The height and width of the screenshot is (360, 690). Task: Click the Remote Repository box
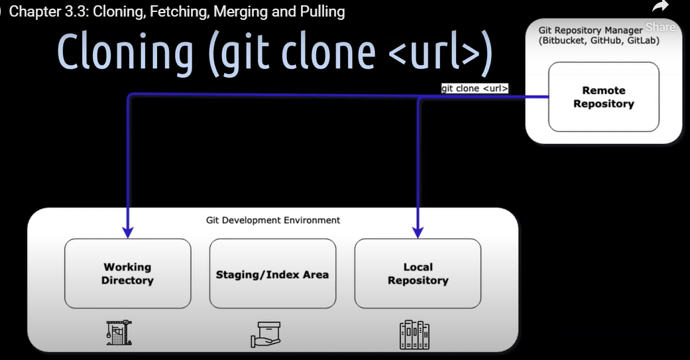click(x=603, y=97)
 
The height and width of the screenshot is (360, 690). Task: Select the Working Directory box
click(x=127, y=273)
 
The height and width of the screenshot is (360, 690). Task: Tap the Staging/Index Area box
click(x=272, y=274)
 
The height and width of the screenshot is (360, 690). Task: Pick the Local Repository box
click(x=418, y=273)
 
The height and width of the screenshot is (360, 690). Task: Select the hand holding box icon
click(x=266, y=334)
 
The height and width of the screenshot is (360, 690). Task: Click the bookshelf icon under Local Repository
click(x=415, y=335)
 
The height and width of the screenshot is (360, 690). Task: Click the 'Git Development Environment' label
click(x=273, y=219)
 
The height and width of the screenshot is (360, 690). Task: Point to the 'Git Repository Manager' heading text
click(x=590, y=30)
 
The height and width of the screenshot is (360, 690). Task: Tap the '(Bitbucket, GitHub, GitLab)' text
click(x=599, y=40)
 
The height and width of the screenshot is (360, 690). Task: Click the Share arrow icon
click(x=660, y=8)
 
